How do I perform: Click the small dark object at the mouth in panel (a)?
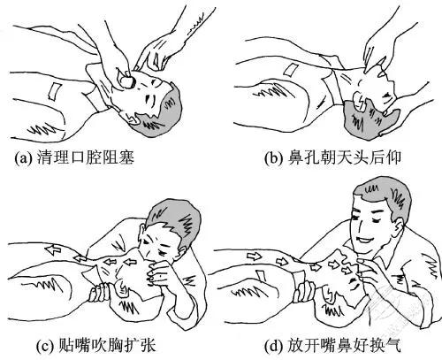pos(129,79)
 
